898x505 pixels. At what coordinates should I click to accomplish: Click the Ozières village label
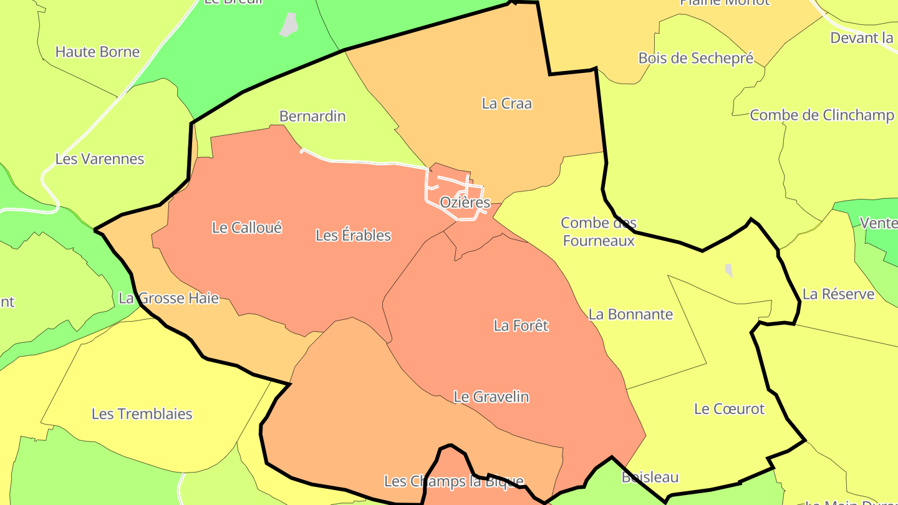click(x=465, y=203)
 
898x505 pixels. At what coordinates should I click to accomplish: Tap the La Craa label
click(x=506, y=103)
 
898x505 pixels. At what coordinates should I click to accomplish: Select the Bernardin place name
click(x=312, y=117)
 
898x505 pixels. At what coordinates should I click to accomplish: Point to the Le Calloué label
click(x=247, y=228)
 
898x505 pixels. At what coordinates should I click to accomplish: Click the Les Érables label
click(x=353, y=236)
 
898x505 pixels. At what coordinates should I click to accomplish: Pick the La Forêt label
click(x=521, y=325)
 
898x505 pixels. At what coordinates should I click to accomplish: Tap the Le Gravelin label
click(x=491, y=397)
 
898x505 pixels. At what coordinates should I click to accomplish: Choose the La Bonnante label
click(x=630, y=314)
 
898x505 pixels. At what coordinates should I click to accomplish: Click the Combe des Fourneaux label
click(x=598, y=232)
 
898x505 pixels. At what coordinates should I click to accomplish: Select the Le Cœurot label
click(x=729, y=409)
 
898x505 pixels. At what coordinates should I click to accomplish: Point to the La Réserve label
click(x=838, y=294)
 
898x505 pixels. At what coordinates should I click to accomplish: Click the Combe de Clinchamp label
click(x=821, y=115)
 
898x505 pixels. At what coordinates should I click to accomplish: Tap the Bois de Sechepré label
click(x=696, y=59)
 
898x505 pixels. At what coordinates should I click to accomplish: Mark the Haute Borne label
click(x=97, y=52)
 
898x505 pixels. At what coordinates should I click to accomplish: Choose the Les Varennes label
click(x=100, y=159)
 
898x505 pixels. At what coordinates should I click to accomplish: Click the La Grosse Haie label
click(x=169, y=299)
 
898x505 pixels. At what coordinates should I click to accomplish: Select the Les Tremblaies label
click(x=142, y=414)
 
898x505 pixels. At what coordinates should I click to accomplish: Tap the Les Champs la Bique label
click(x=453, y=481)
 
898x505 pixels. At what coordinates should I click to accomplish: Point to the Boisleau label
click(x=650, y=478)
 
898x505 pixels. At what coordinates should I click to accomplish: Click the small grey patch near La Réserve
click(x=728, y=270)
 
